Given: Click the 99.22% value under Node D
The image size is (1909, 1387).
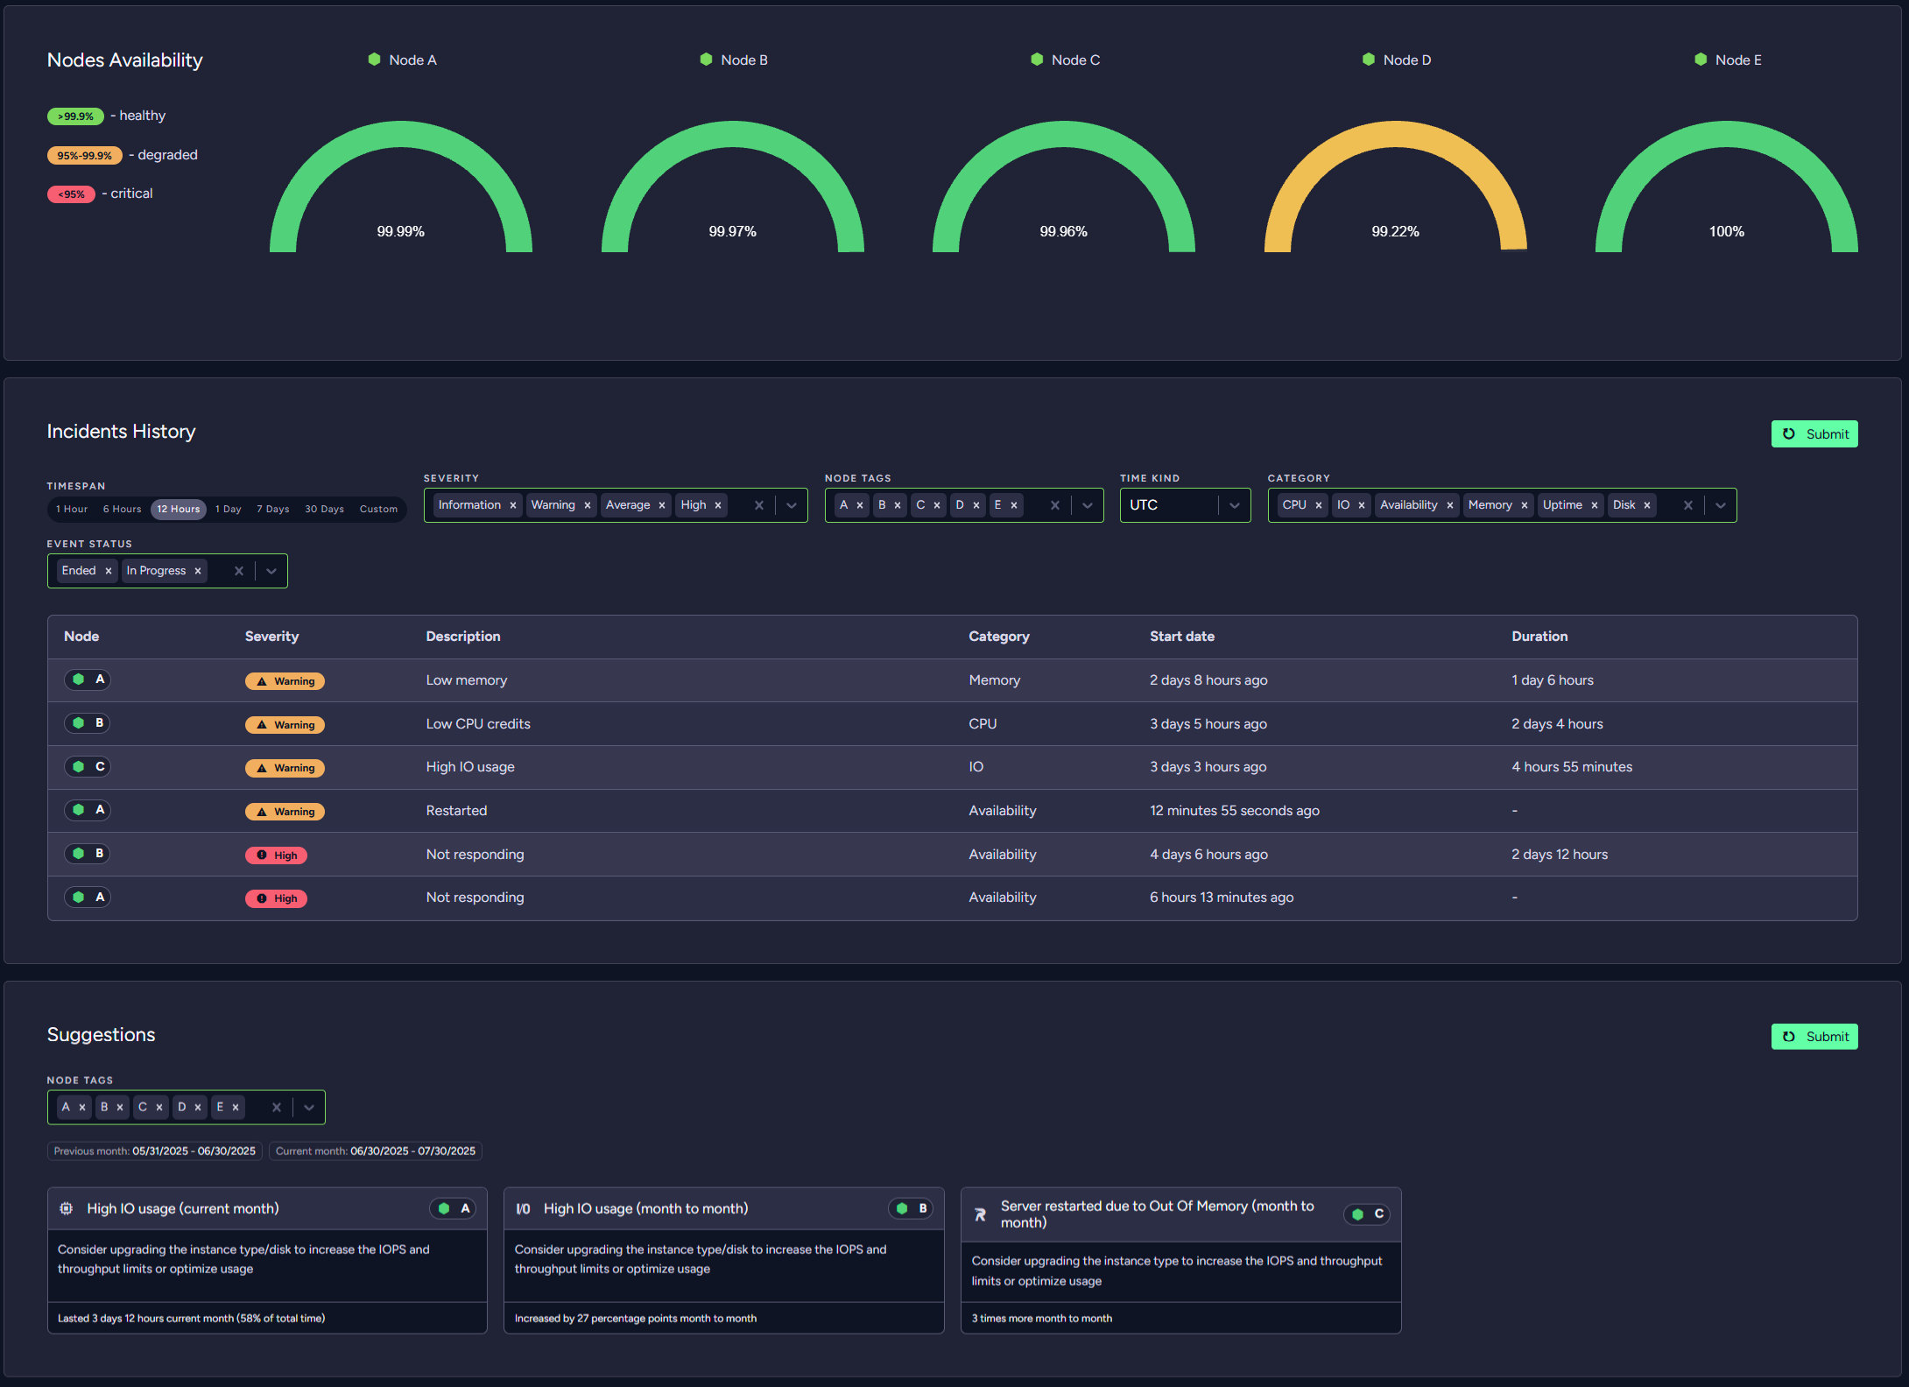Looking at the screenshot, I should pos(1395,231).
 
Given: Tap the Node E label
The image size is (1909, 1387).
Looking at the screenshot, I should pos(1737,60).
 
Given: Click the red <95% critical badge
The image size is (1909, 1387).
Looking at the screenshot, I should pos(71,194).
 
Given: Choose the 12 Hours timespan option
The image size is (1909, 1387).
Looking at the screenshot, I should pos(179,509).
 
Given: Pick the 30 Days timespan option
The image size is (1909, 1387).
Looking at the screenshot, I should pos(324,509).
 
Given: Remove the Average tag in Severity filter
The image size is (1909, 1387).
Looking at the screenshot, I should pos(662,505).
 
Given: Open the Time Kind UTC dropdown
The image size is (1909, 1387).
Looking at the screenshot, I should pos(1234,505).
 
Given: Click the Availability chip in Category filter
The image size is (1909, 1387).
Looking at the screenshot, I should pos(1408,505).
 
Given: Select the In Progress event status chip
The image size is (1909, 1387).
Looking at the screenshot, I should pos(156,571).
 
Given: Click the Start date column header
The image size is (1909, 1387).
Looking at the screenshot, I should pos(1181,637).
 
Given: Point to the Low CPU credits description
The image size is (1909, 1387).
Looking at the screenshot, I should pos(478,724).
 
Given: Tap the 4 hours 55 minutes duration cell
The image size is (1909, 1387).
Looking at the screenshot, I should pos(1572,767).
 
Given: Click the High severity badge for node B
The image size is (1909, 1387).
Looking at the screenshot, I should pos(276,855).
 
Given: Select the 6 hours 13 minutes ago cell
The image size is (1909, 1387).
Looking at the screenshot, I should pos(1222,898).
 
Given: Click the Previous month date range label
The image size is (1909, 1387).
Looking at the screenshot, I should pos(154,1151).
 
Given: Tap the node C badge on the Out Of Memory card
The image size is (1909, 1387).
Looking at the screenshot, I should pos(1366,1215).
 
